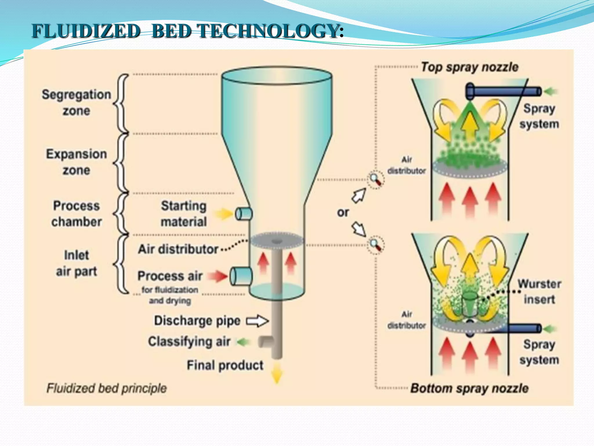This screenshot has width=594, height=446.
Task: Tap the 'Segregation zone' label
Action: pos(76,102)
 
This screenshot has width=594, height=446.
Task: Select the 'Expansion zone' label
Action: pos(76,162)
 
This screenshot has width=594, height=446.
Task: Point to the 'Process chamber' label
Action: pos(76,214)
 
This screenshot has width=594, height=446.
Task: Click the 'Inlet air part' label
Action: pos(76,263)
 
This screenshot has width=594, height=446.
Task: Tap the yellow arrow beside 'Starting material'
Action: pos(224,214)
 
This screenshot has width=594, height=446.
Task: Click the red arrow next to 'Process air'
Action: pos(218,276)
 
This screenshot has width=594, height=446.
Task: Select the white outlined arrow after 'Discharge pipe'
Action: pos(257,321)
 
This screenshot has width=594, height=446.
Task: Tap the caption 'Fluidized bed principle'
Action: pos(106,388)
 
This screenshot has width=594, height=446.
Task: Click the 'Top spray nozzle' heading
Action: pos(470,67)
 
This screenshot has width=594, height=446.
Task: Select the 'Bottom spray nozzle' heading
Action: pos(469,388)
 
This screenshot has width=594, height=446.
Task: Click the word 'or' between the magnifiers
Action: pos(343,213)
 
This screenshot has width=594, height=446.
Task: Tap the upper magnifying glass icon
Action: pos(376,180)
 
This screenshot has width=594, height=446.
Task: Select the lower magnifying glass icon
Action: pos(376,245)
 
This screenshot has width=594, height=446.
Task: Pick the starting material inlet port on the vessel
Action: pos(244,214)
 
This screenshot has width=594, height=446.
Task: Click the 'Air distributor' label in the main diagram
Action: pos(178,249)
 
